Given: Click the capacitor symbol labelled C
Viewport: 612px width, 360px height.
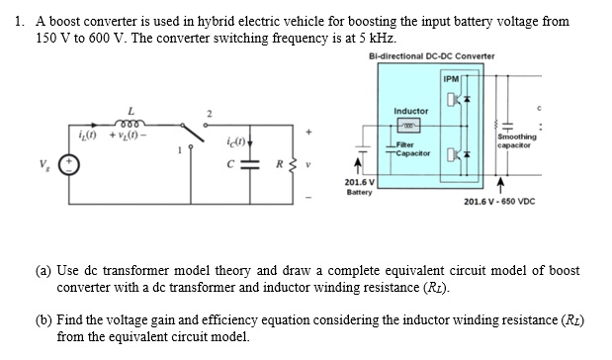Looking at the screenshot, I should (244, 167).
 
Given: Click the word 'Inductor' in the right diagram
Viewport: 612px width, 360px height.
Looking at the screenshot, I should (410, 111).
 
